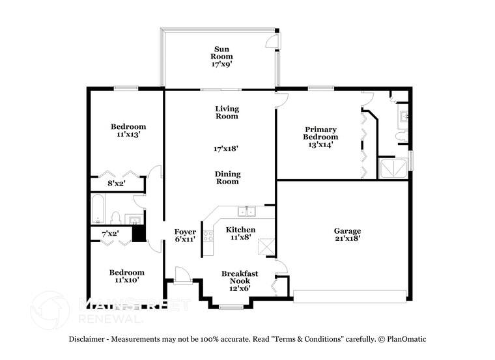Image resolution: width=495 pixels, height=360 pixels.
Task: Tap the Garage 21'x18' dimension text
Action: [347, 239]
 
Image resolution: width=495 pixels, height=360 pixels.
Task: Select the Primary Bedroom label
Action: [320, 133]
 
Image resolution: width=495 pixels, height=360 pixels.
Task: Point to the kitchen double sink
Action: [246, 210]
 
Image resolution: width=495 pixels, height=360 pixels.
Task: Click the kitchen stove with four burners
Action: [208, 235]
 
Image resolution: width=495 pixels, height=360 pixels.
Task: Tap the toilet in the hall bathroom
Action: [116, 217]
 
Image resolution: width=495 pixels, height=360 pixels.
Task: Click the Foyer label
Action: [185, 236]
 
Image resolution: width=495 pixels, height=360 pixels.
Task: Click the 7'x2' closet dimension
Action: [109, 233]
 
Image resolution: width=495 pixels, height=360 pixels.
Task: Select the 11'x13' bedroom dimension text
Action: [128, 134]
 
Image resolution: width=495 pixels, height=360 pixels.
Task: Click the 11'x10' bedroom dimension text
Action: [126, 280]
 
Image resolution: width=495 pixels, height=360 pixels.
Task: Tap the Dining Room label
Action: [227, 178]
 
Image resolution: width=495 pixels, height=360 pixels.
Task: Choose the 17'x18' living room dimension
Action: [226, 148]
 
